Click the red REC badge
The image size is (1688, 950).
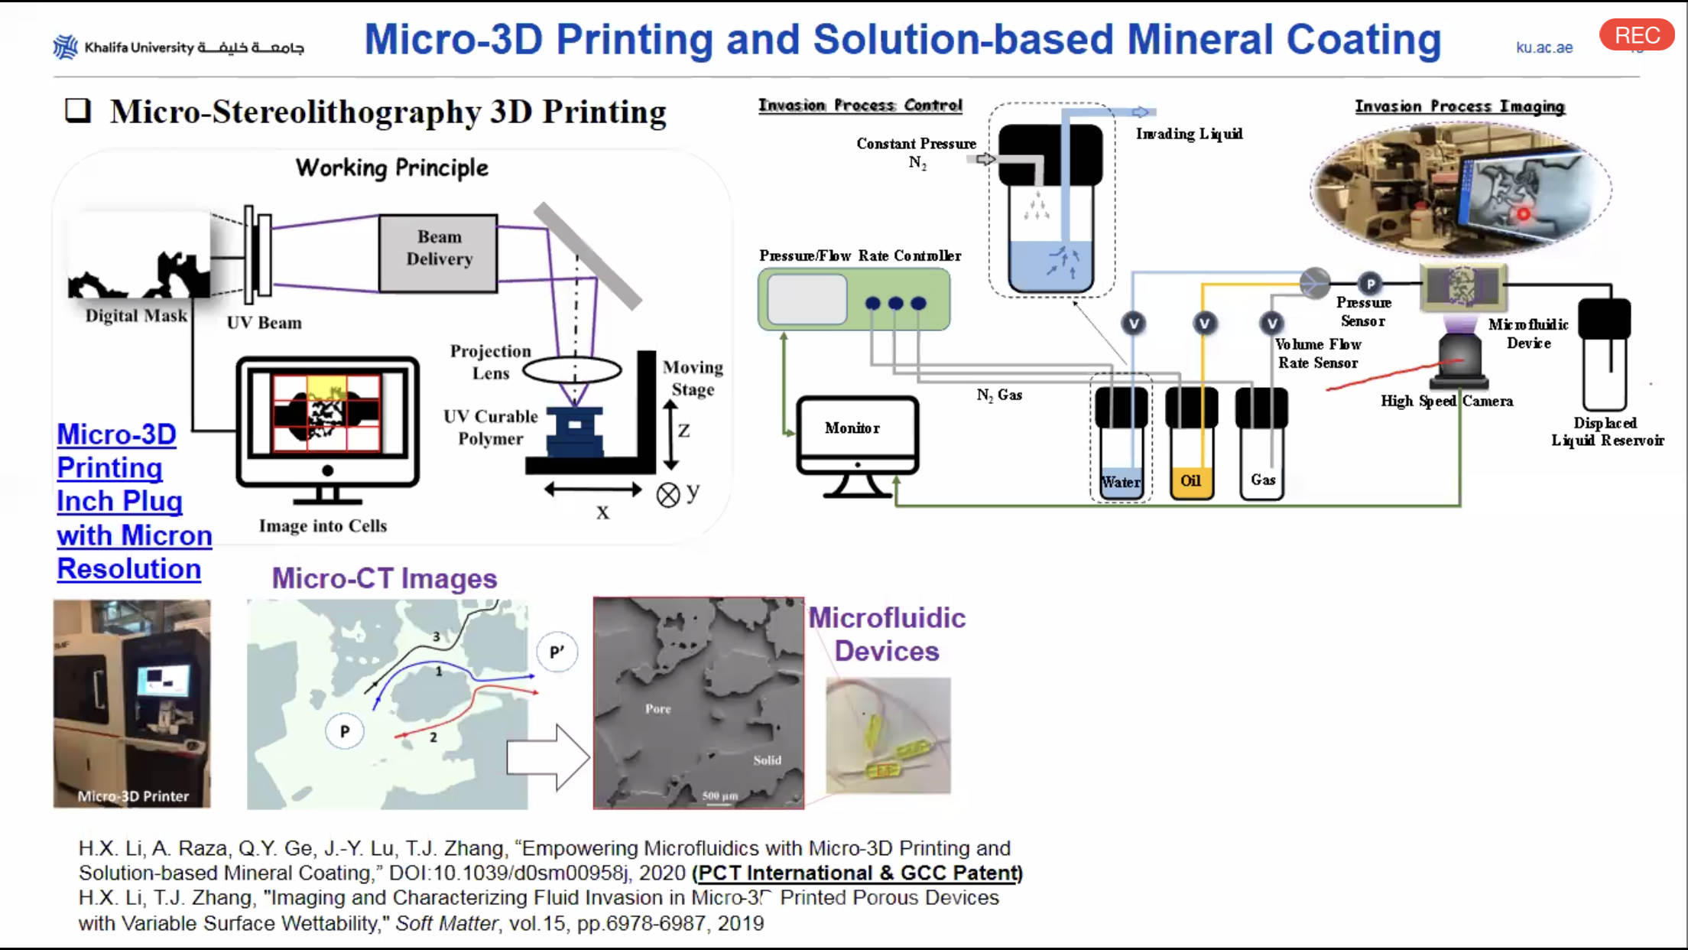coord(1636,35)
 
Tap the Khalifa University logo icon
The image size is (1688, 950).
coord(65,47)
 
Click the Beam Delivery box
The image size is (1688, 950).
coord(439,249)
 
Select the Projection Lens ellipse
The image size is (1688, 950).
coord(572,371)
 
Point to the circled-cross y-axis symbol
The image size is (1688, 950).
coord(668,496)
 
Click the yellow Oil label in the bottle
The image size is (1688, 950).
coord(1191,480)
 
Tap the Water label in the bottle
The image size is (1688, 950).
coord(1121,483)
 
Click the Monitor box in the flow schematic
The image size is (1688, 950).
coord(853,428)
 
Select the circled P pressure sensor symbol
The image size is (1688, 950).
coord(1370,284)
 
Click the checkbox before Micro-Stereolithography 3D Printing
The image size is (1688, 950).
coord(77,111)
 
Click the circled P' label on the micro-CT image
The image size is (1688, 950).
coord(557,652)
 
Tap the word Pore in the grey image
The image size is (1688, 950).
coord(657,709)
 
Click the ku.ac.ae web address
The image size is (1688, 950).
coord(1544,47)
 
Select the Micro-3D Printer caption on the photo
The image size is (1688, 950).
coord(133,796)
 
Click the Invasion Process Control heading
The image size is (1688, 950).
coord(860,106)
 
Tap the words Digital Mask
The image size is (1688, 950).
coord(136,316)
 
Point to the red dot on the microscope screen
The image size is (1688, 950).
coord(1523,214)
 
